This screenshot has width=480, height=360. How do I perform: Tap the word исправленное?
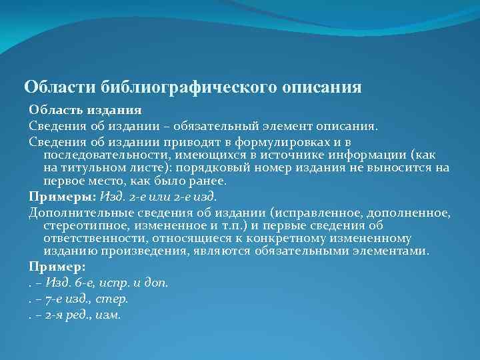pos(319,213)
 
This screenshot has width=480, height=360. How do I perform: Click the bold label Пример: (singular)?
pos(57,267)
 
